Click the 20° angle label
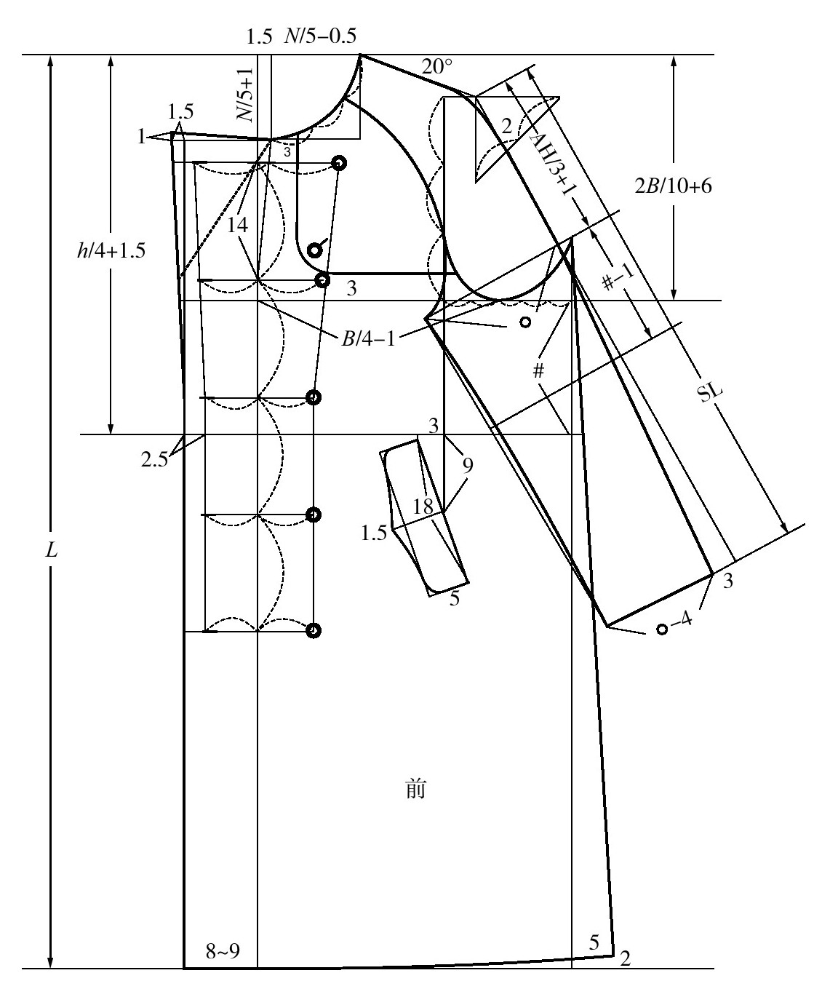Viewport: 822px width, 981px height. click(437, 68)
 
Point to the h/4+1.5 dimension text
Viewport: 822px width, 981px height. click(112, 251)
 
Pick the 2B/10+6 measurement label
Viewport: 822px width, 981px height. click(674, 186)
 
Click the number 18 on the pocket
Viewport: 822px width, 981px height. click(423, 507)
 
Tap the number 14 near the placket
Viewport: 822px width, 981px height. click(237, 226)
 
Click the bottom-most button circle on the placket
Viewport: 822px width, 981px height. click(314, 630)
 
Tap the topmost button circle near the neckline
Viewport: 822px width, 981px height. click(338, 162)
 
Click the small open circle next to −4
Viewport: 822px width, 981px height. click(662, 629)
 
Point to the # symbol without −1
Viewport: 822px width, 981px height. click(538, 371)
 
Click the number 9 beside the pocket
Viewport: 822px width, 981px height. click(467, 464)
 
